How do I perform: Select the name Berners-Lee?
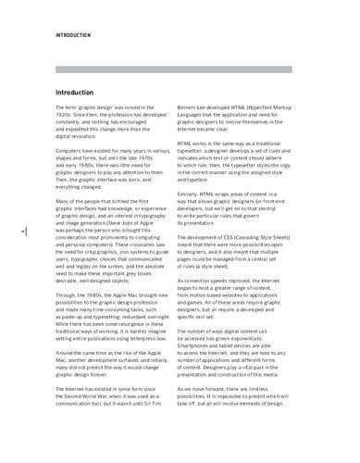point(216,108)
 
